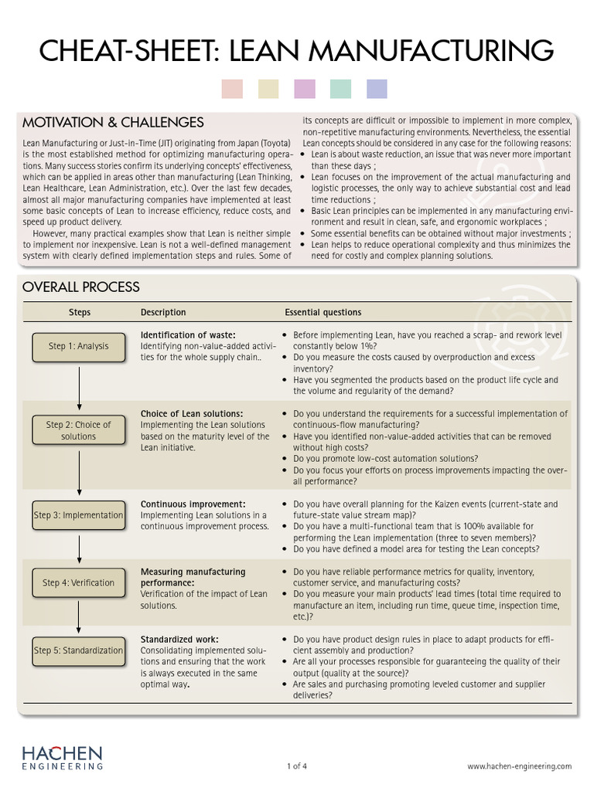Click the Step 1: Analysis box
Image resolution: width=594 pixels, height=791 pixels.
[x=78, y=346]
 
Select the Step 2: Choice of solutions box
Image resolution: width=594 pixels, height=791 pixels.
[x=78, y=430]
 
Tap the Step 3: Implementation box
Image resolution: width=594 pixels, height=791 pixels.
[x=78, y=515]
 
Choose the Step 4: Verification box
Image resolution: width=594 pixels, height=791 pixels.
[x=78, y=583]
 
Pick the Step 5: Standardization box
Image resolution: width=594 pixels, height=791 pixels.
[x=78, y=650]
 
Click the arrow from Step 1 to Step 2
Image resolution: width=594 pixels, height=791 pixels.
[x=79, y=385]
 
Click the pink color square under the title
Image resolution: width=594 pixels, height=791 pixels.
[x=232, y=89]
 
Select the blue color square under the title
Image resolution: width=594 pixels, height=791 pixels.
[x=377, y=89]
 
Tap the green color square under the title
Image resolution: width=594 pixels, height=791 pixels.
[x=340, y=89]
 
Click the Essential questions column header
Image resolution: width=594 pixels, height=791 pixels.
[x=323, y=313]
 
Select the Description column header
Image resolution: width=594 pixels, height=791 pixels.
[x=163, y=313]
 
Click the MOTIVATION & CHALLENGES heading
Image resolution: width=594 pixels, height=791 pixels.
[x=113, y=123]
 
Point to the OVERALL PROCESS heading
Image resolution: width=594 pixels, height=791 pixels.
[x=81, y=287]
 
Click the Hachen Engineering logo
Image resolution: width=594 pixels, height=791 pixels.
[x=62, y=757]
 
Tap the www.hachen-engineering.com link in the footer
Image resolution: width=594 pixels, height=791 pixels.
[x=519, y=766]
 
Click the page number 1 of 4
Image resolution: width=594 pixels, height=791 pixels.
[x=296, y=766]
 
